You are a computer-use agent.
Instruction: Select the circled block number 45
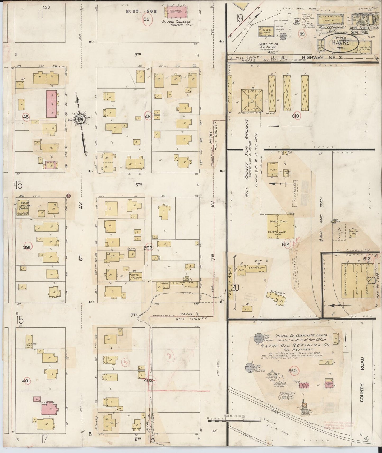click(26, 117)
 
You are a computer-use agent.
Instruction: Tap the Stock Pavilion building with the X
click(252, 100)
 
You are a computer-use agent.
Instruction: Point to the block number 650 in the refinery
click(292, 371)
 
